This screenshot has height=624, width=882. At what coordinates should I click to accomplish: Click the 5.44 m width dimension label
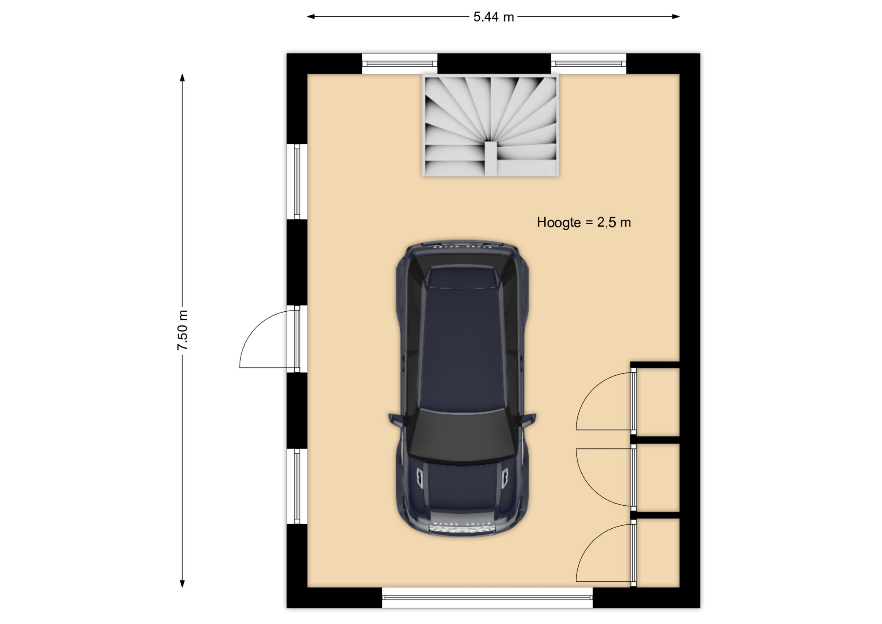tap(493, 17)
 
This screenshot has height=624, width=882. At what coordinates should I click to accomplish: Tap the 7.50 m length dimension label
tap(183, 330)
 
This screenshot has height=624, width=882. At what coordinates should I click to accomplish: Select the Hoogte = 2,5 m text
tap(583, 222)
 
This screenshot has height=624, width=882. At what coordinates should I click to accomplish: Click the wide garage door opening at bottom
tap(487, 598)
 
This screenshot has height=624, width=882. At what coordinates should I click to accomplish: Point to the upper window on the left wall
tap(297, 182)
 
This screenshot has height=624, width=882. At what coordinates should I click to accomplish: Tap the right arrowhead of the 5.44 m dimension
tap(676, 17)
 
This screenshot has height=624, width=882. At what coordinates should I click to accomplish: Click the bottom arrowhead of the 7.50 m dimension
tap(182, 584)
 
